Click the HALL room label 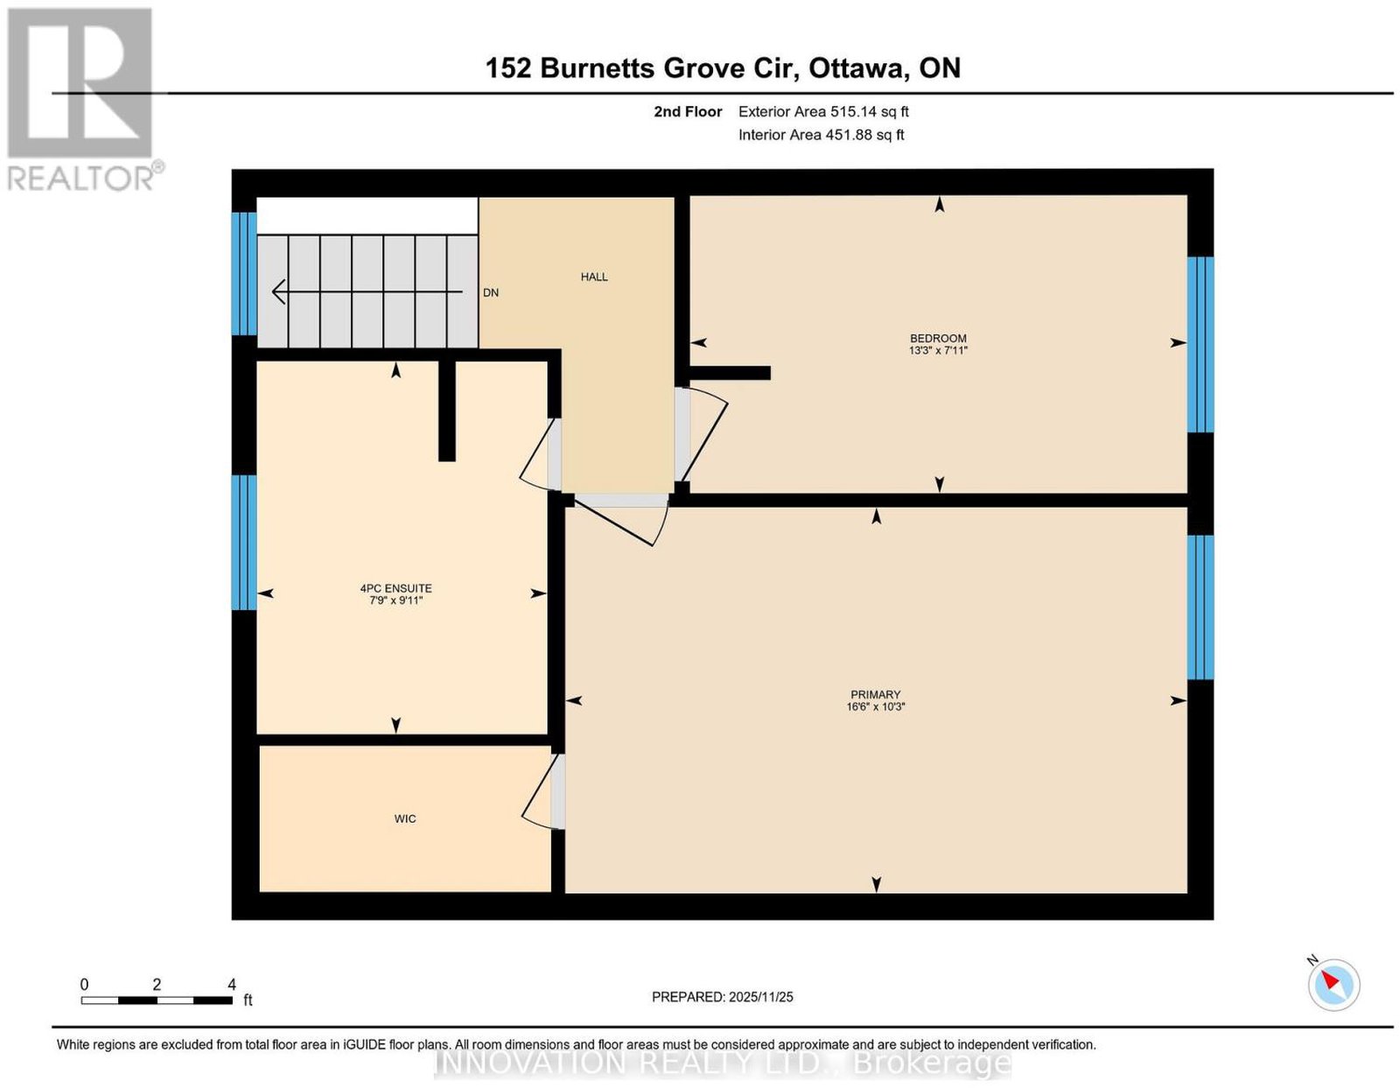pyautogui.click(x=593, y=277)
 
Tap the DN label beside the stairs pyautogui.click(x=490, y=293)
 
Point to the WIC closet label pyautogui.click(x=404, y=818)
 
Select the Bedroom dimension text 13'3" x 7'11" pyautogui.click(x=938, y=350)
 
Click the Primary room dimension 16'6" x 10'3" pyautogui.click(x=876, y=706)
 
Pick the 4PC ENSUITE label pyautogui.click(x=395, y=588)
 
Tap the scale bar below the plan pyautogui.click(x=157, y=1000)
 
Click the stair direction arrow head pyautogui.click(x=278, y=291)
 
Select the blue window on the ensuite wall pyautogui.click(x=243, y=543)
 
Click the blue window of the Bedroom pyautogui.click(x=1200, y=345)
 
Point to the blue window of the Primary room pyautogui.click(x=1200, y=607)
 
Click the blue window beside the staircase pyautogui.click(x=243, y=274)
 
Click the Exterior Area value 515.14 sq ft pyautogui.click(x=870, y=111)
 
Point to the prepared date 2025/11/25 pyautogui.click(x=761, y=997)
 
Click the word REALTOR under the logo pyautogui.click(x=80, y=179)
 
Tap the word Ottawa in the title pyautogui.click(x=858, y=68)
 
